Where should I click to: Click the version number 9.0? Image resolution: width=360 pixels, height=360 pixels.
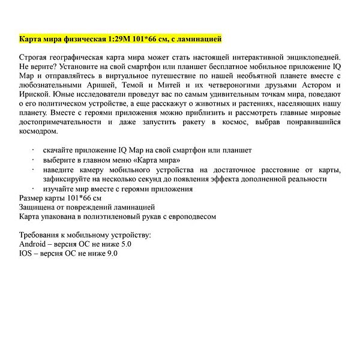111,254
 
